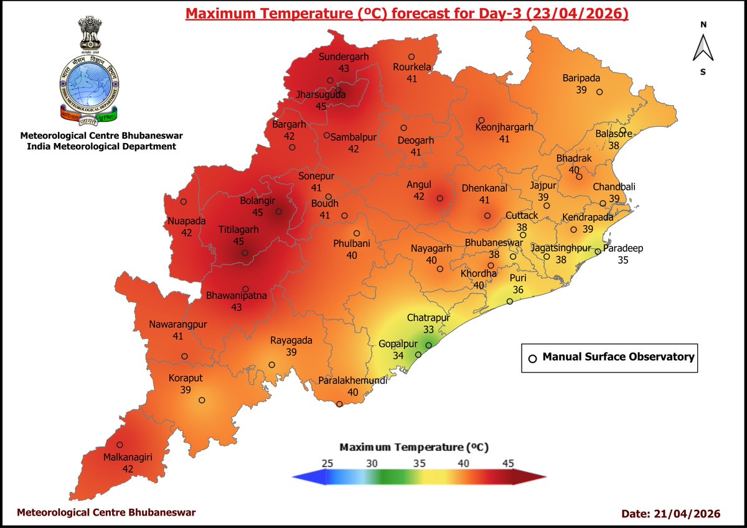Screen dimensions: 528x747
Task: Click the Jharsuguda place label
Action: (x=321, y=95)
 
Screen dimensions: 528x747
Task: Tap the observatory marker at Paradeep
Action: (x=598, y=252)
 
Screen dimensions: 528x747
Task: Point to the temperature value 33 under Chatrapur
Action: (x=428, y=329)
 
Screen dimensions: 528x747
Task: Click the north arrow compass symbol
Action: (x=703, y=48)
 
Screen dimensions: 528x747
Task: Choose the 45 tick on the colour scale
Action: (x=508, y=463)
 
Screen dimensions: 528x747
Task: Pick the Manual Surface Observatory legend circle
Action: (x=532, y=358)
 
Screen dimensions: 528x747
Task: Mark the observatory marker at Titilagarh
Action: (x=245, y=253)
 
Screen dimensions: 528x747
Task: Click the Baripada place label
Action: (x=581, y=78)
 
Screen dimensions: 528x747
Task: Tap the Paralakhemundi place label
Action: (x=353, y=381)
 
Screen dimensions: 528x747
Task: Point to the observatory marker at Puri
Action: (x=509, y=302)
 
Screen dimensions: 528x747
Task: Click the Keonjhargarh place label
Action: (x=504, y=127)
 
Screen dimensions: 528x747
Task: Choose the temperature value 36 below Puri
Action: (x=517, y=289)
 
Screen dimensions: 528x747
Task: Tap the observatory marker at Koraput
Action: (x=201, y=401)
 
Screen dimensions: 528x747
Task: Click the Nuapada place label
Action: (x=186, y=221)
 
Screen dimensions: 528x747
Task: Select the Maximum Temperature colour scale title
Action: (x=414, y=447)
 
